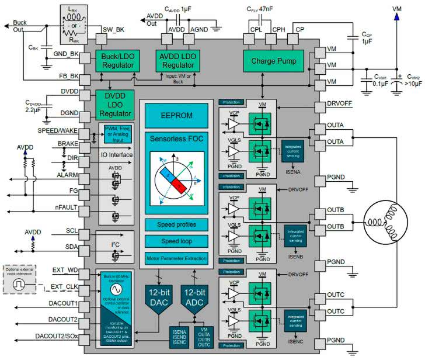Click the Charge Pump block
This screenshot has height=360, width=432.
[x=274, y=61]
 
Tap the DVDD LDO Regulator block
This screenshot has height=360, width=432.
[x=114, y=102]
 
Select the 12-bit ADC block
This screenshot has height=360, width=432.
[x=194, y=296]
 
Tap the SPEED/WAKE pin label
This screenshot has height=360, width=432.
[x=57, y=130]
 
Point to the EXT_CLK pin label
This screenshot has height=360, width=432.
[x=65, y=286]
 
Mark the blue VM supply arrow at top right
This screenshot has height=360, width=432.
[x=397, y=18]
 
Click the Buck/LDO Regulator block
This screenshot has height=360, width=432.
[x=118, y=61]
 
